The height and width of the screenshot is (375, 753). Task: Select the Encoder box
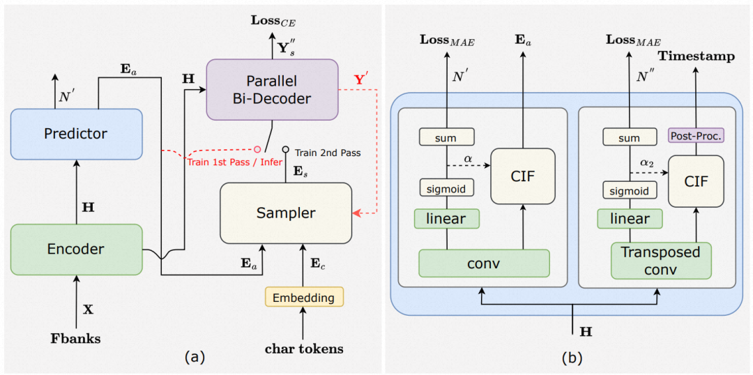click(x=76, y=249)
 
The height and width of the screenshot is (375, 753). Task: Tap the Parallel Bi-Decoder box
click(x=271, y=89)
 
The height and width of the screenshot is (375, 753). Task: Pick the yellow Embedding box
click(x=303, y=298)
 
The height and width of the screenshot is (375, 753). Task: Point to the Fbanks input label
click(x=76, y=339)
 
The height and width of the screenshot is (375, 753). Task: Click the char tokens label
click(x=304, y=348)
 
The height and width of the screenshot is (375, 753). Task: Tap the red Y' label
click(x=360, y=79)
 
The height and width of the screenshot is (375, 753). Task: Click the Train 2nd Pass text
click(x=328, y=152)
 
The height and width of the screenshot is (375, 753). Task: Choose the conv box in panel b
click(x=484, y=263)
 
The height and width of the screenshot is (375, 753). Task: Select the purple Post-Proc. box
click(x=695, y=135)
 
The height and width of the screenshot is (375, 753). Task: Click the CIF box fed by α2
click(x=696, y=181)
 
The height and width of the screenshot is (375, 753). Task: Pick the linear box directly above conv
click(x=446, y=219)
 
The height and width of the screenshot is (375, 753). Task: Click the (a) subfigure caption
click(x=193, y=358)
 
